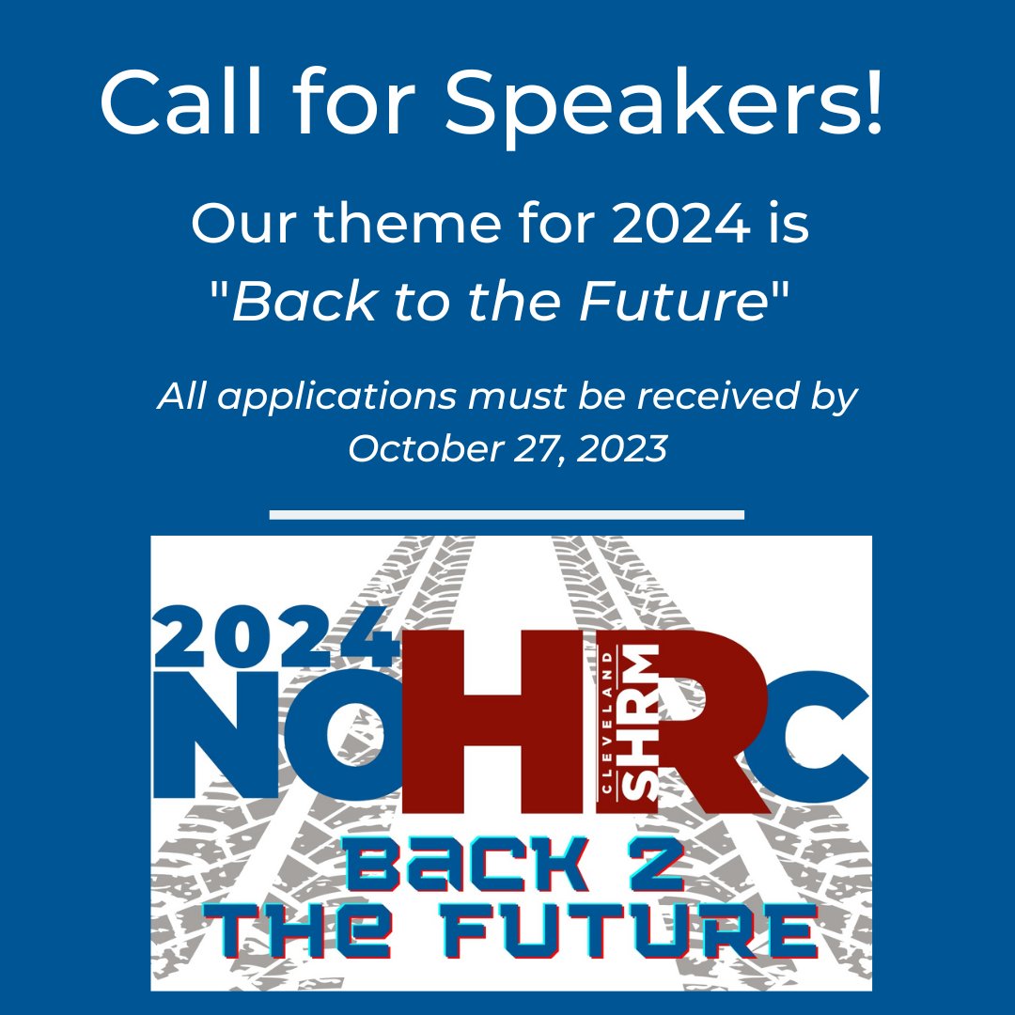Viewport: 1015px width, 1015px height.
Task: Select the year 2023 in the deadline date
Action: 622,448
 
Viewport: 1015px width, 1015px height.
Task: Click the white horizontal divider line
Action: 507,515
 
